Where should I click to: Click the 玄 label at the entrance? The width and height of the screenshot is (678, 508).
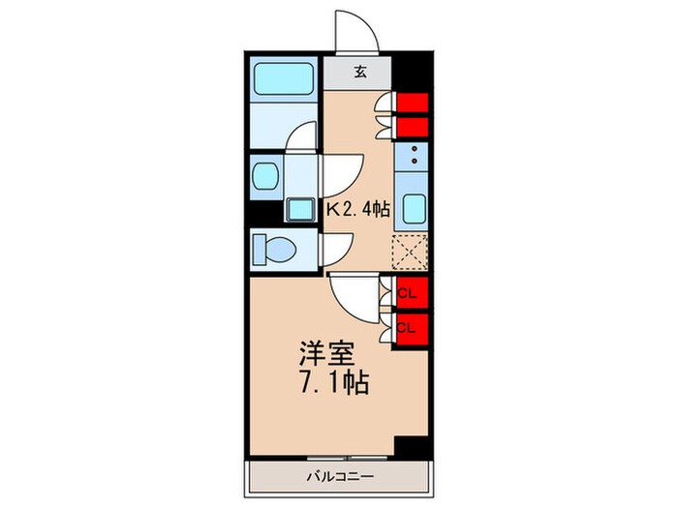click(359, 71)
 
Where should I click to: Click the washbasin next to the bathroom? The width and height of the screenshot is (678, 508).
click(265, 176)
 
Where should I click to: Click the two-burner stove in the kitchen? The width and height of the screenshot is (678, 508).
click(413, 155)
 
